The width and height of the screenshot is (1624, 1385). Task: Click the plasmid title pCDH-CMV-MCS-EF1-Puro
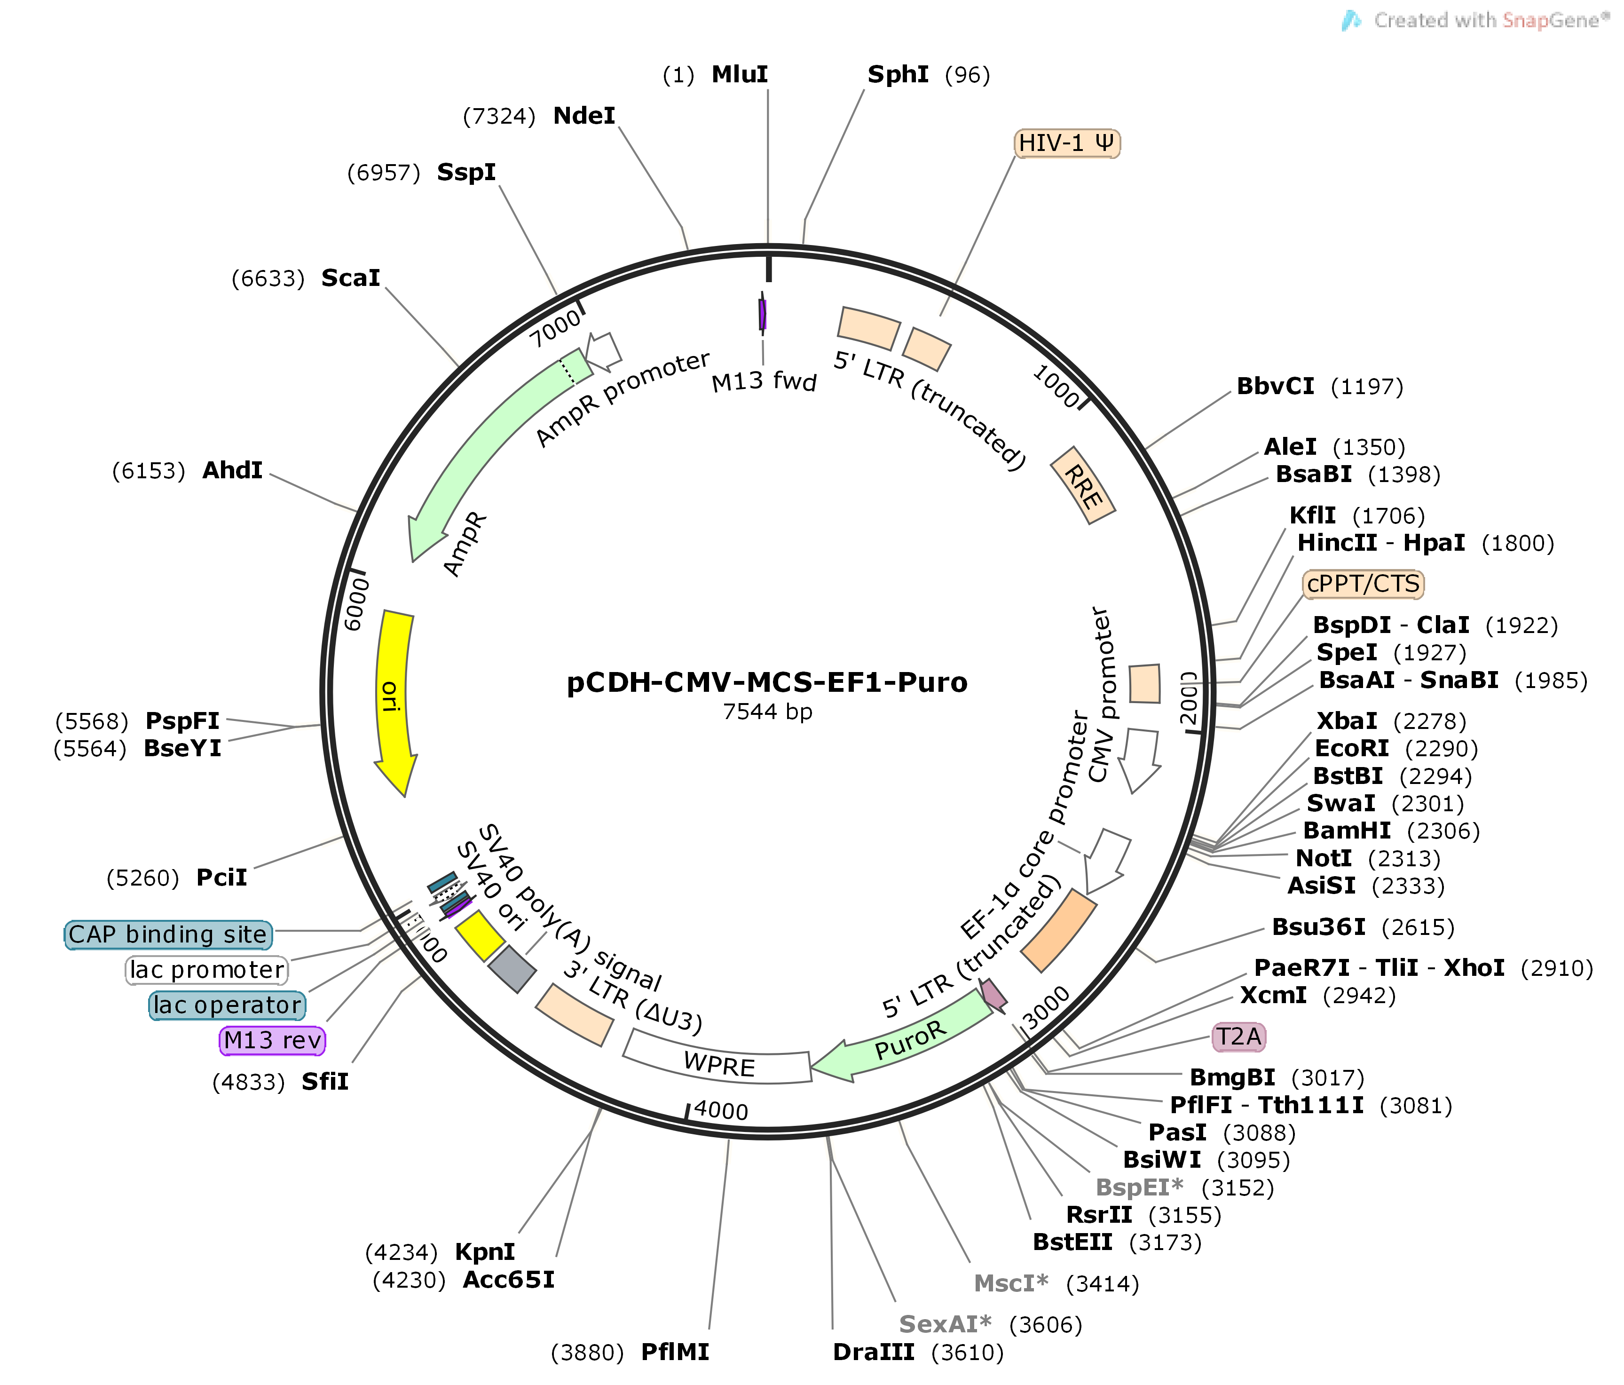click(x=766, y=682)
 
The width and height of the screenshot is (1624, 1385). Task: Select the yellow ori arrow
click(x=394, y=697)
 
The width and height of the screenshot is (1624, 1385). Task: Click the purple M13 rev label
click(x=272, y=1040)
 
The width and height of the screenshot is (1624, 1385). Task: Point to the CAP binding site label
click(x=168, y=934)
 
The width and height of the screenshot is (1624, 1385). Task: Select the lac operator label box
click(x=227, y=1005)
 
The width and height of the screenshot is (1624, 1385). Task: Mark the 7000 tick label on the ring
click(x=555, y=328)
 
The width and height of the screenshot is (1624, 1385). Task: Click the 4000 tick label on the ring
click(x=721, y=1110)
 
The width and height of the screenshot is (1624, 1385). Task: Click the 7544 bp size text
click(x=766, y=712)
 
